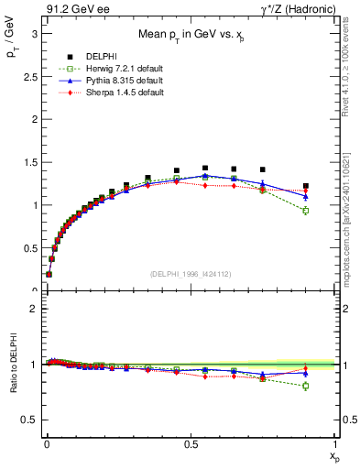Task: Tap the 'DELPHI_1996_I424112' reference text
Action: [x=191, y=272]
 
